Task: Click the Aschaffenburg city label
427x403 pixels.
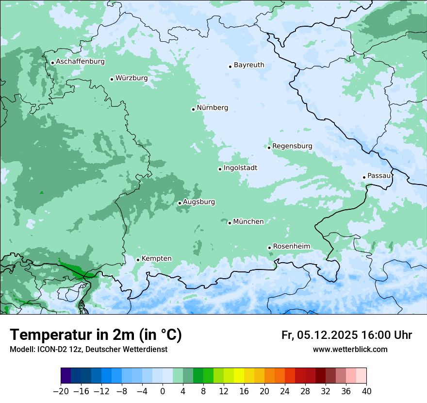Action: pyautogui.click(x=80, y=62)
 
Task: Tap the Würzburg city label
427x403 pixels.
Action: pyautogui.click(x=131, y=78)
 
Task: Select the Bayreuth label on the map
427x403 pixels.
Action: pyautogui.click(x=249, y=65)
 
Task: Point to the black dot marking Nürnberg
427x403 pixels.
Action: pyautogui.click(x=193, y=109)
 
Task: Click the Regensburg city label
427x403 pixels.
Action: pyautogui.click(x=292, y=146)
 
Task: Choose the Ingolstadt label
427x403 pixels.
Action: pyautogui.click(x=240, y=168)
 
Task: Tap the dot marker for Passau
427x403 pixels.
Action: pyautogui.click(x=364, y=177)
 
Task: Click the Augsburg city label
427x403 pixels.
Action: pyautogui.click(x=199, y=202)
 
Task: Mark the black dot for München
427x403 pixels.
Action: pyautogui.click(x=230, y=223)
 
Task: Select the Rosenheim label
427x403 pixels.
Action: pyautogui.click(x=291, y=247)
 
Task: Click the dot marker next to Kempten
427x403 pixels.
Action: pyautogui.click(x=138, y=260)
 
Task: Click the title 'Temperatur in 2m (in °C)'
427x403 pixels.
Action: pyautogui.click(x=96, y=335)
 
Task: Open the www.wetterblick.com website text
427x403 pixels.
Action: pyautogui.click(x=350, y=350)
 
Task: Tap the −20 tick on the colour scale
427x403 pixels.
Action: pyautogui.click(x=60, y=391)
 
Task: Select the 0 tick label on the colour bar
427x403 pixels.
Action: pyautogui.click(x=163, y=391)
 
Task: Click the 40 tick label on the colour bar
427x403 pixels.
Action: pyautogui.click(x=366, y=391)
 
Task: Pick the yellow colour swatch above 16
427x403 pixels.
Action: pyautogui.click(x=239, y=375)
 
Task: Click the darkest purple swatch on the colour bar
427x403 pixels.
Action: pyautogui.click(x=66, y=375)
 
